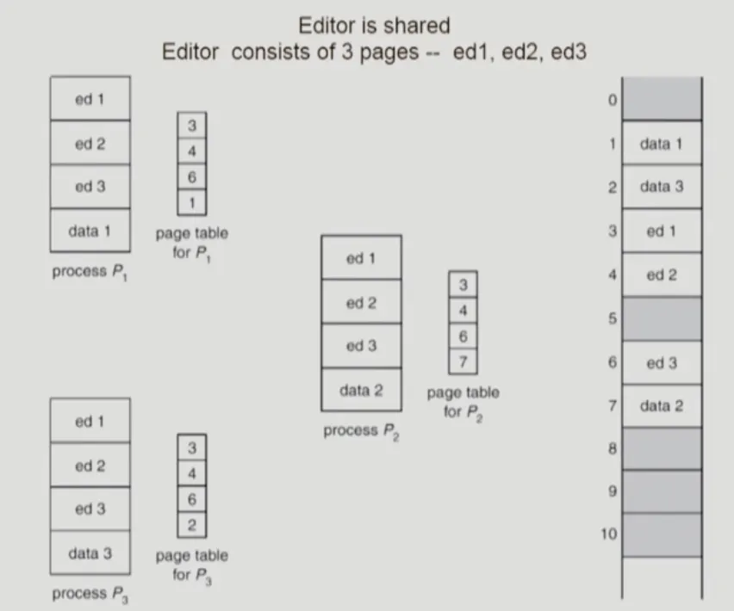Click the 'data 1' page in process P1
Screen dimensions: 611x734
point(90,231)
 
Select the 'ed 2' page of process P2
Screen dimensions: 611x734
point(361,302)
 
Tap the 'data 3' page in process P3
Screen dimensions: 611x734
point(90,552)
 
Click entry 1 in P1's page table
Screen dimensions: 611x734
point(192,202)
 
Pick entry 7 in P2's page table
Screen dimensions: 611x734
point(463,361)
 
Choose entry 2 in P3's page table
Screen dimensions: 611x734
point(192,524)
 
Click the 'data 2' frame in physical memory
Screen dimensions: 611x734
point(661,406)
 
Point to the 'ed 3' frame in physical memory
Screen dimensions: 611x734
point(661,362)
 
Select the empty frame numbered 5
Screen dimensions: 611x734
point(661,318)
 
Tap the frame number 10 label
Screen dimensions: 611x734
point(609,534)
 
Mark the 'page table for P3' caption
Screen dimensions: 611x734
point(192,565)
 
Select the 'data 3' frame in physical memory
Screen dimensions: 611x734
point(661,187)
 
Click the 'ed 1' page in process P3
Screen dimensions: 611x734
point(90,421)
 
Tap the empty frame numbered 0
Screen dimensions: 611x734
point(661,99)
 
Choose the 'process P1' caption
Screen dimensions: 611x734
point(91,272)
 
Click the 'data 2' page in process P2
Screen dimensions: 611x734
point(361,390)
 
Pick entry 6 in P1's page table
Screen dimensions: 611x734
point(192,176)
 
